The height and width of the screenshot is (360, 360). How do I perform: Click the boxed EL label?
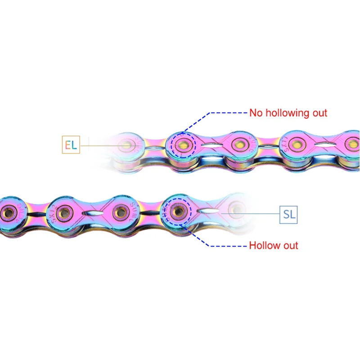point(70,145)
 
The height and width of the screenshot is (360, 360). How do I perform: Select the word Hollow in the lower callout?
point(264,246)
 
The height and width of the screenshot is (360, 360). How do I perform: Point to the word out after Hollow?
point(289,246)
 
